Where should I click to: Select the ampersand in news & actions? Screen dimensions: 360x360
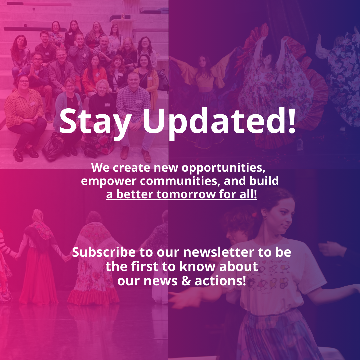186,281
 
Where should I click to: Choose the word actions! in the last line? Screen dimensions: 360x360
220,281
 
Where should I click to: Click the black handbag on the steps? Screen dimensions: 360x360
53,147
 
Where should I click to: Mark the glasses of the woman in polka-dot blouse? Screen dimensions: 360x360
24,81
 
